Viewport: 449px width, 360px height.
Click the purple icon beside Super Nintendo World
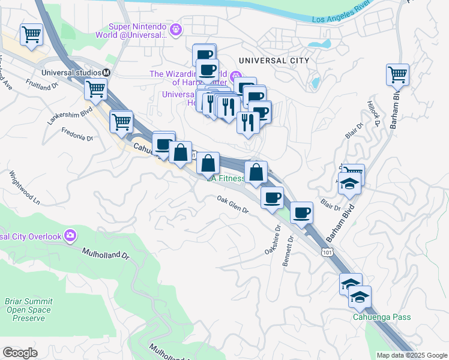(176, 28)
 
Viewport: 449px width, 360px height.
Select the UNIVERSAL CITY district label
(273, 61)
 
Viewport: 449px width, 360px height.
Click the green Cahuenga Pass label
(381, 317)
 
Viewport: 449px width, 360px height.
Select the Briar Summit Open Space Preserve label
(25, 310)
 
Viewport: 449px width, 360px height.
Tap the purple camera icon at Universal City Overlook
(71, 235)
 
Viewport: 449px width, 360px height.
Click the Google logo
(20, 352)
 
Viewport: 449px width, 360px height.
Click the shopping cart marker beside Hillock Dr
(397, 75)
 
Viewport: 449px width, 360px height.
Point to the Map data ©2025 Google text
(411, 355)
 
